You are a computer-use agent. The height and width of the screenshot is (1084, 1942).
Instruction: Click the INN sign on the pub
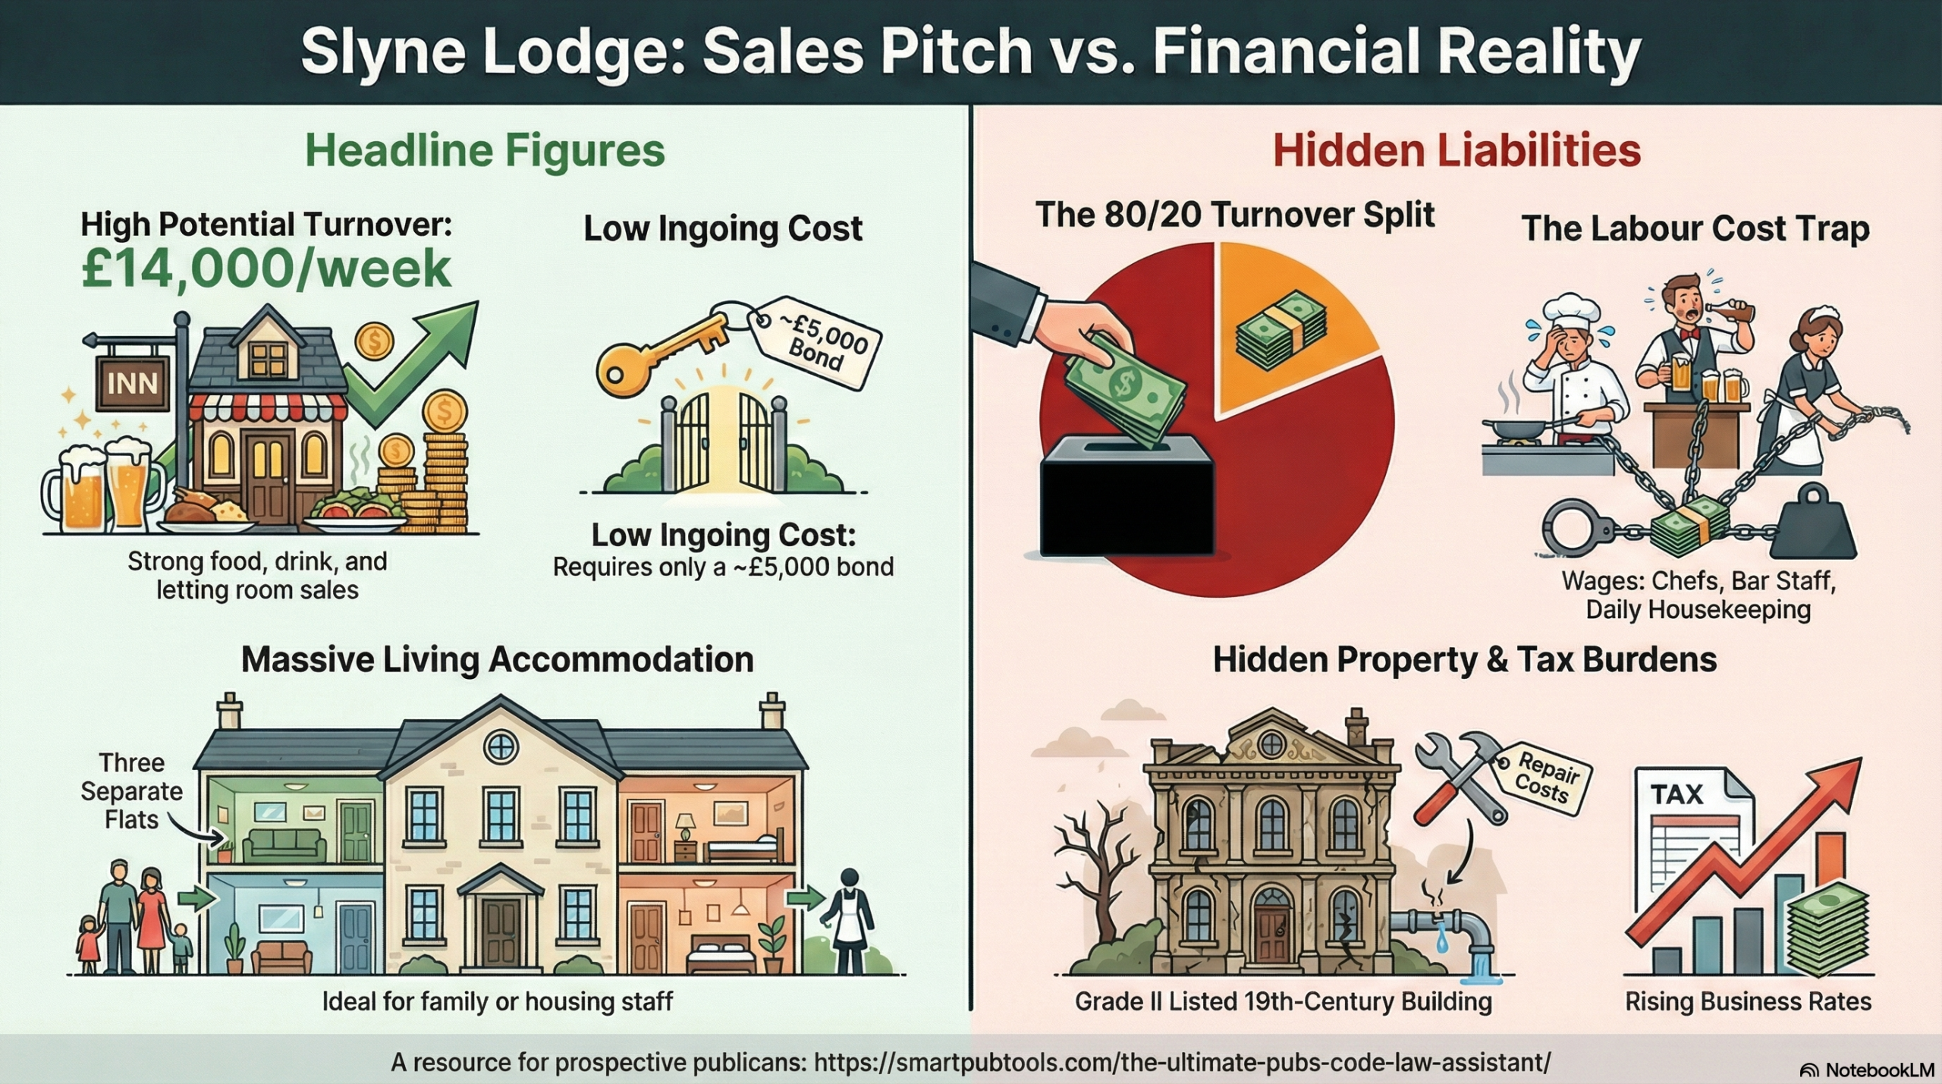(x=133, y=383)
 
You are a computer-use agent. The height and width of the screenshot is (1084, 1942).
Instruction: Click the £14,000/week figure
(x=266, y=269)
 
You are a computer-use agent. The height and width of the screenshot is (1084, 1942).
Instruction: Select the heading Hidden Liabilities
(x=1456, y=150)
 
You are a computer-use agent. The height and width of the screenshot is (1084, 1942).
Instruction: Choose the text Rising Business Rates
(x=1749, y=1001)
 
